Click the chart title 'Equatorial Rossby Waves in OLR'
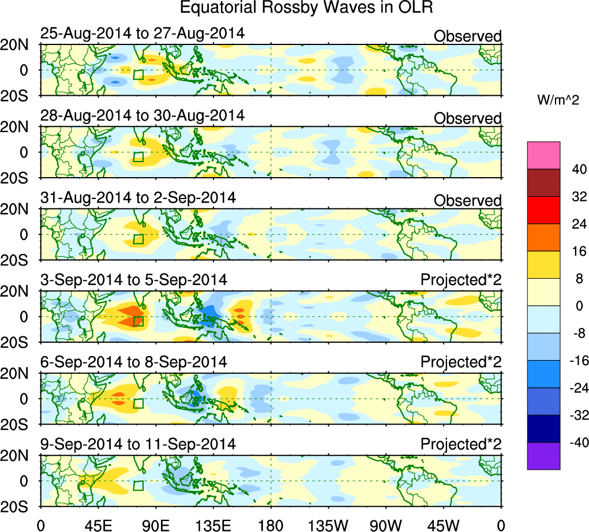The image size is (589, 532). [x=306, y=8]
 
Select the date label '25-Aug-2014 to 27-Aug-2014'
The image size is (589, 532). [x=142, y=33]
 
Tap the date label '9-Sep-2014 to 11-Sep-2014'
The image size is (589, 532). [x=138, y=444]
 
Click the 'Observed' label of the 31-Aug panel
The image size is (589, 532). [x=467, y=200]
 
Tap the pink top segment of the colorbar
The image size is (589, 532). [x=543, y=155]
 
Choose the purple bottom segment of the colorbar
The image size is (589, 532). [x=543, y=456]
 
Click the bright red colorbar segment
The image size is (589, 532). [x=543, y=210]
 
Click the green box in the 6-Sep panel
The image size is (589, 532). [x=138, y=404]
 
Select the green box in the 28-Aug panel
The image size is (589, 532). [x=138, y=157]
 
